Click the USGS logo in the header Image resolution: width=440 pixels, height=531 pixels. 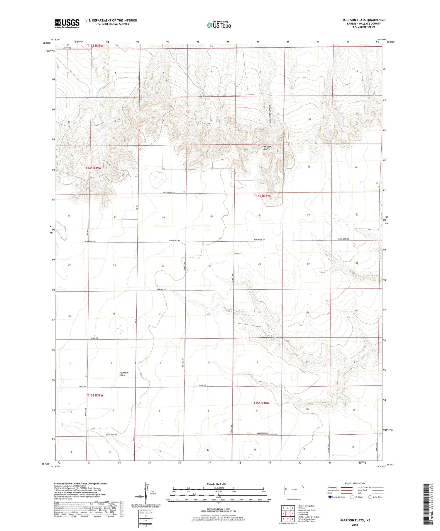pyautogui.click(x=67, y=23)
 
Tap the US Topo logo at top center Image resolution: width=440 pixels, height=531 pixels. pyautogui.click(x=219, y=25)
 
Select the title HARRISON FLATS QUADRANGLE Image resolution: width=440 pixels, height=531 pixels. pyautogui.click(x=363, y=20)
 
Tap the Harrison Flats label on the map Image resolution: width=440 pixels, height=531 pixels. pyautogui.click(x=124, y=374)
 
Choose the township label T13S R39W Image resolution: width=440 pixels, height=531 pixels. pyautogui.click(x=95, y=46)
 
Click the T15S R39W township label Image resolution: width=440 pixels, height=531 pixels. pyautogui.click(x=95, y=395)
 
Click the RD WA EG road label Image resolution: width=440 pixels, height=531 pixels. pyautogui.click(x=94, y=338)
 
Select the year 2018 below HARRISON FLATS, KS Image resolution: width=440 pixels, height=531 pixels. pyautogui.click(x=354, y=525)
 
